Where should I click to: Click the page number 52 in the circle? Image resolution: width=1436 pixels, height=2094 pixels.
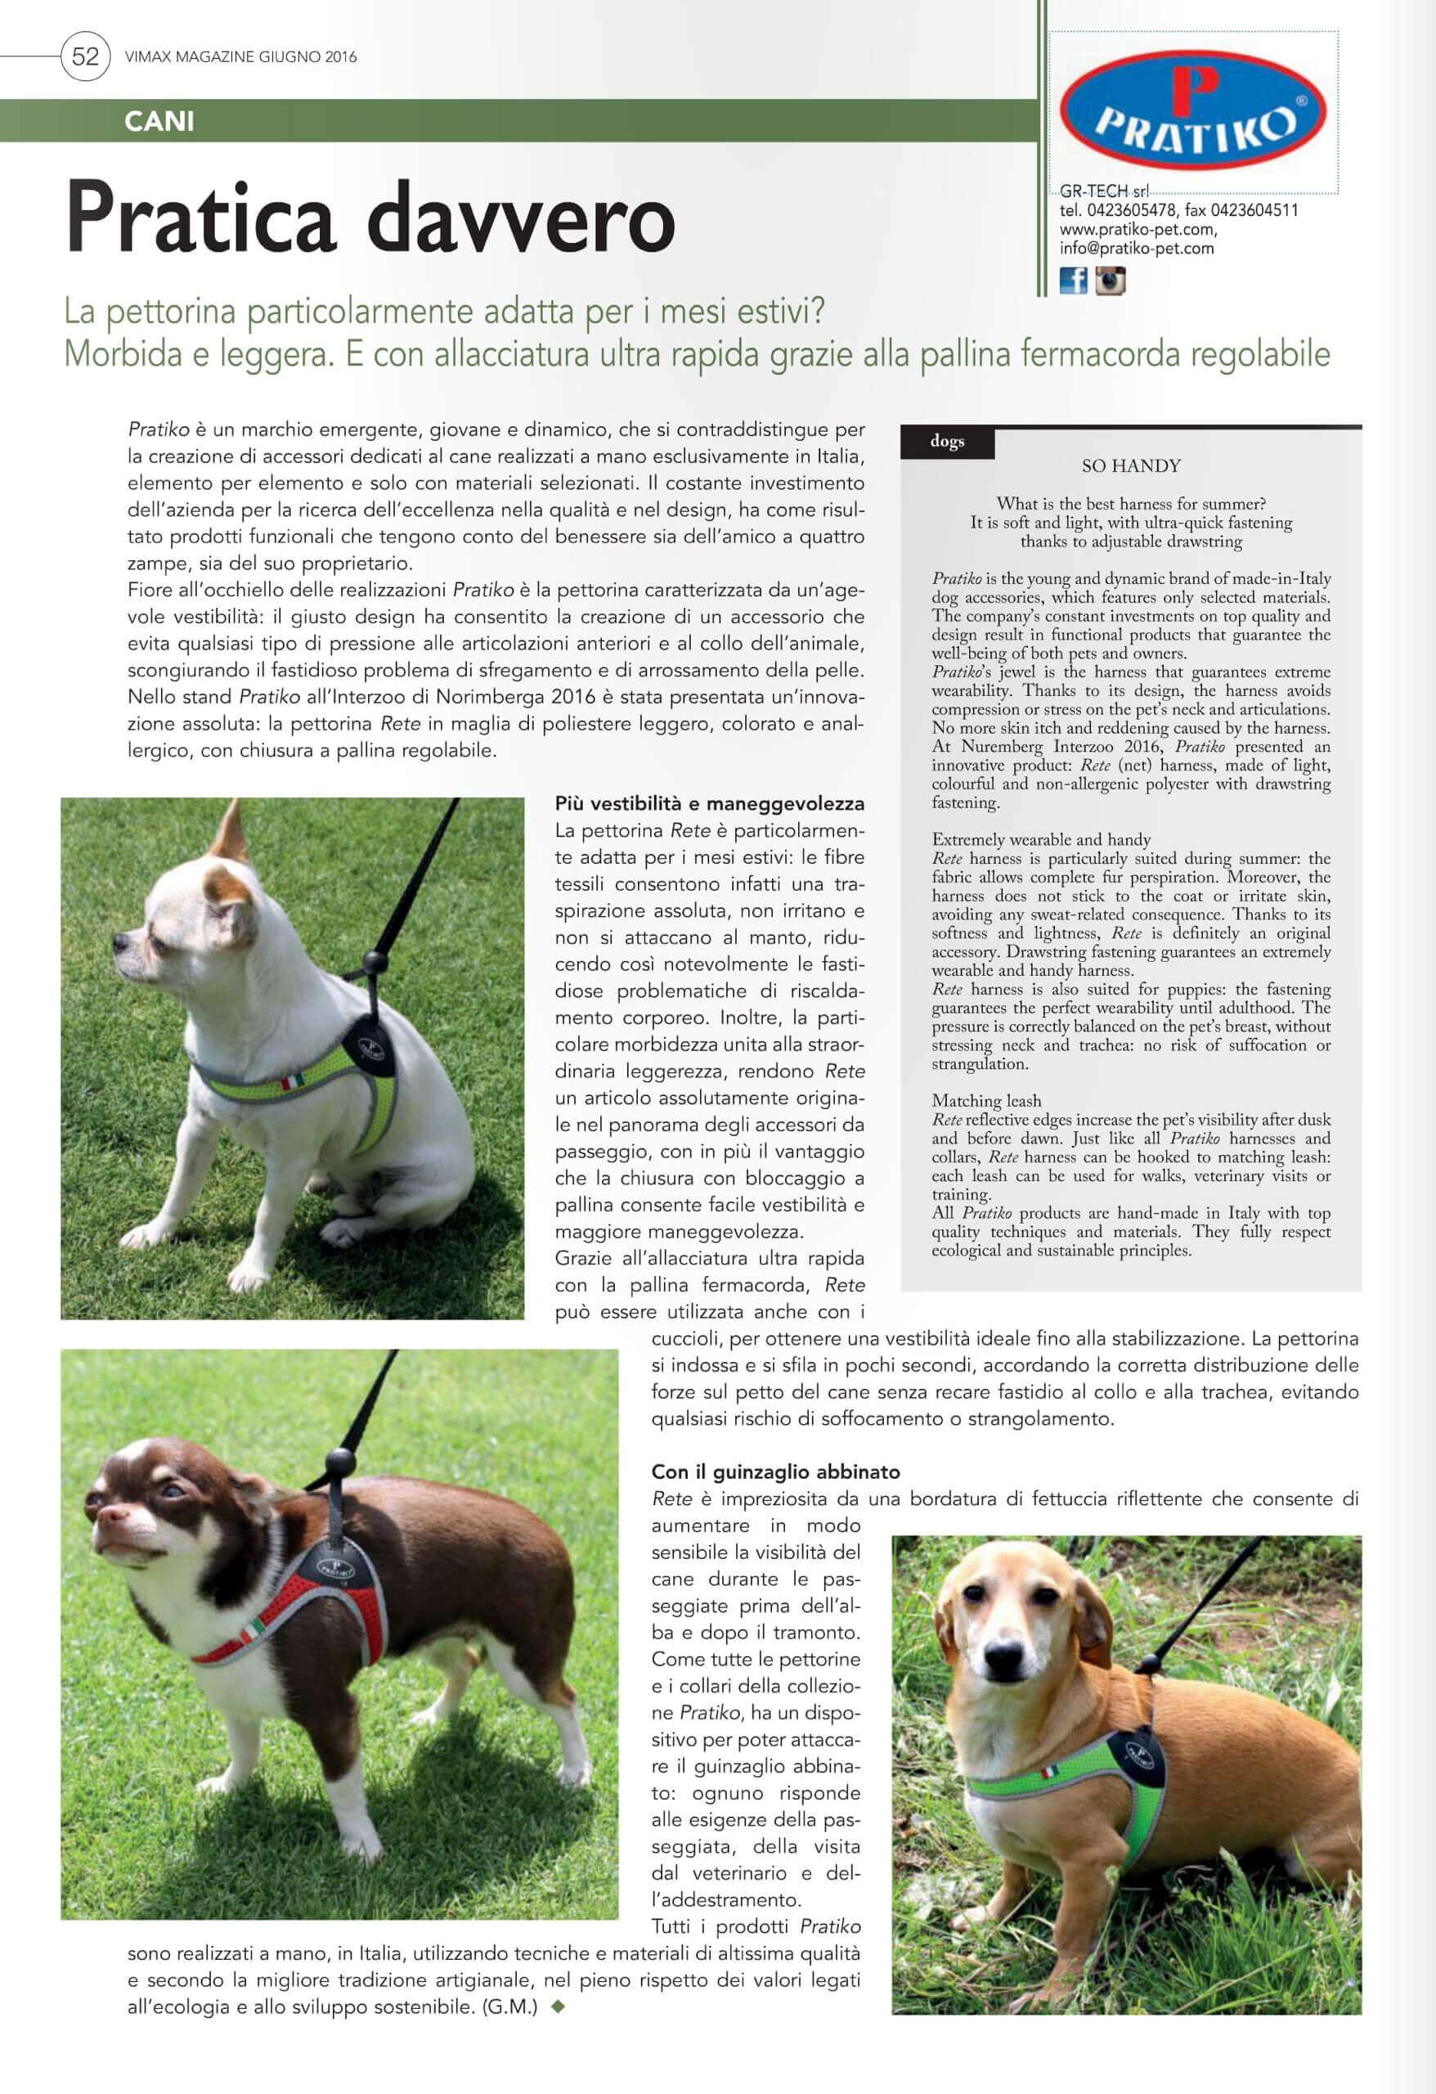(x=85, y=56)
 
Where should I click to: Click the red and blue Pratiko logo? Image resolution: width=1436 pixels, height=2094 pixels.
(x=1193, y=110)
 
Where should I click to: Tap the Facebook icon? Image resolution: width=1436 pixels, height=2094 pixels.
(x=1073, y=281)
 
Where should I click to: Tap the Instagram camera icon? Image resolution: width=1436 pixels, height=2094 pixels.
(x=1110, y=281)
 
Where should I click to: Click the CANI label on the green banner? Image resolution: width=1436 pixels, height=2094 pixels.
(x=159, y=121)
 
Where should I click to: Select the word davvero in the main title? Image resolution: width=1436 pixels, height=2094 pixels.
(x=522, y=219)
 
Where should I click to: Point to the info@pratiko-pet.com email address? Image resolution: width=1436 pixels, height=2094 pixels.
(x=1136, y=249)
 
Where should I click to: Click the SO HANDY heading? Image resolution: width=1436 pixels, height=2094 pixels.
(x=1131, y=466)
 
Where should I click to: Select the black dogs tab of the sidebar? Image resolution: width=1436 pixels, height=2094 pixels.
(x=947, y=442)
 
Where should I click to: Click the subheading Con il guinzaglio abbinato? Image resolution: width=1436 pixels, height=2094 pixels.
(x=776, y=1472)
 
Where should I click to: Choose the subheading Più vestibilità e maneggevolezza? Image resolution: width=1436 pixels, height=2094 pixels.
(x=709, y=802)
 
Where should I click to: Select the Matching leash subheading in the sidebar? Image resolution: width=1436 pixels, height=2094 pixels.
(x=986, y=1101)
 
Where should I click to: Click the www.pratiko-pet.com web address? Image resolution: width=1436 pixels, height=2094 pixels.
(x=1137, y=230)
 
